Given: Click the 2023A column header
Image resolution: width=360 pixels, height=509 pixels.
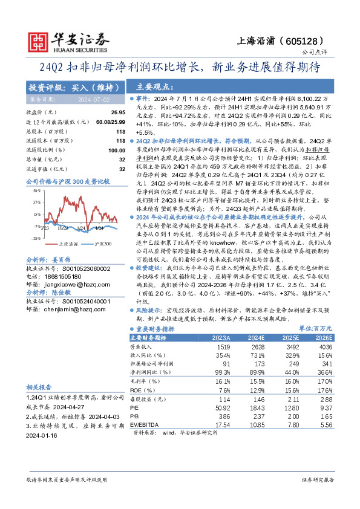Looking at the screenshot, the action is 221,338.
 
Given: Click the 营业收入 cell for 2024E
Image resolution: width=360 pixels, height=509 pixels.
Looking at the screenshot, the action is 256,348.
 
